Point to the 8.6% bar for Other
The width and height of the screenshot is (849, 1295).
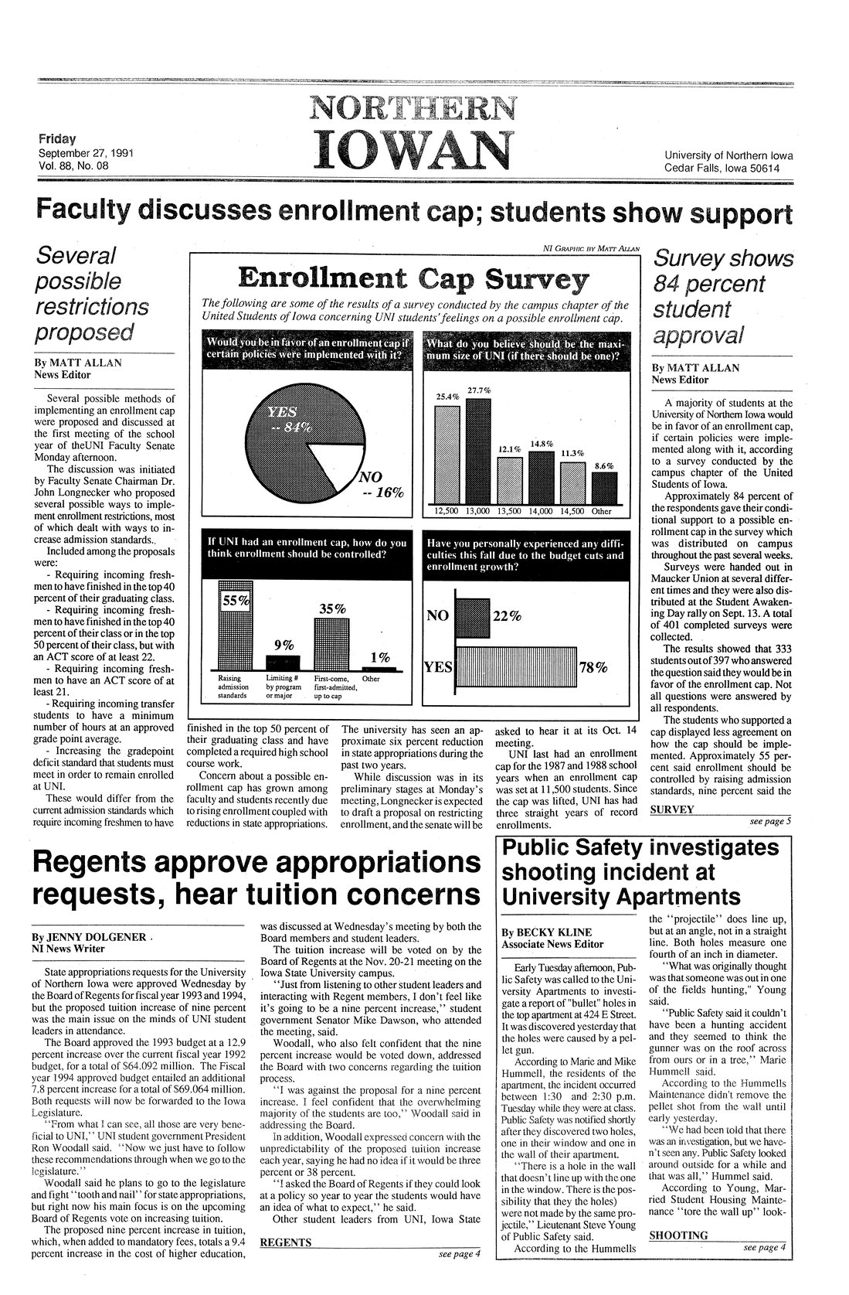[x=603, y=487]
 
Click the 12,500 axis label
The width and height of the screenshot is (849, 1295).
[x=448, y=510]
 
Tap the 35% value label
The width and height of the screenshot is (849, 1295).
[x=331, y=608]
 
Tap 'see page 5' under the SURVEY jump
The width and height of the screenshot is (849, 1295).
[x=770, y=821]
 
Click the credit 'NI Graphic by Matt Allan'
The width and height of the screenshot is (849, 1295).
[x=590, y=248]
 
